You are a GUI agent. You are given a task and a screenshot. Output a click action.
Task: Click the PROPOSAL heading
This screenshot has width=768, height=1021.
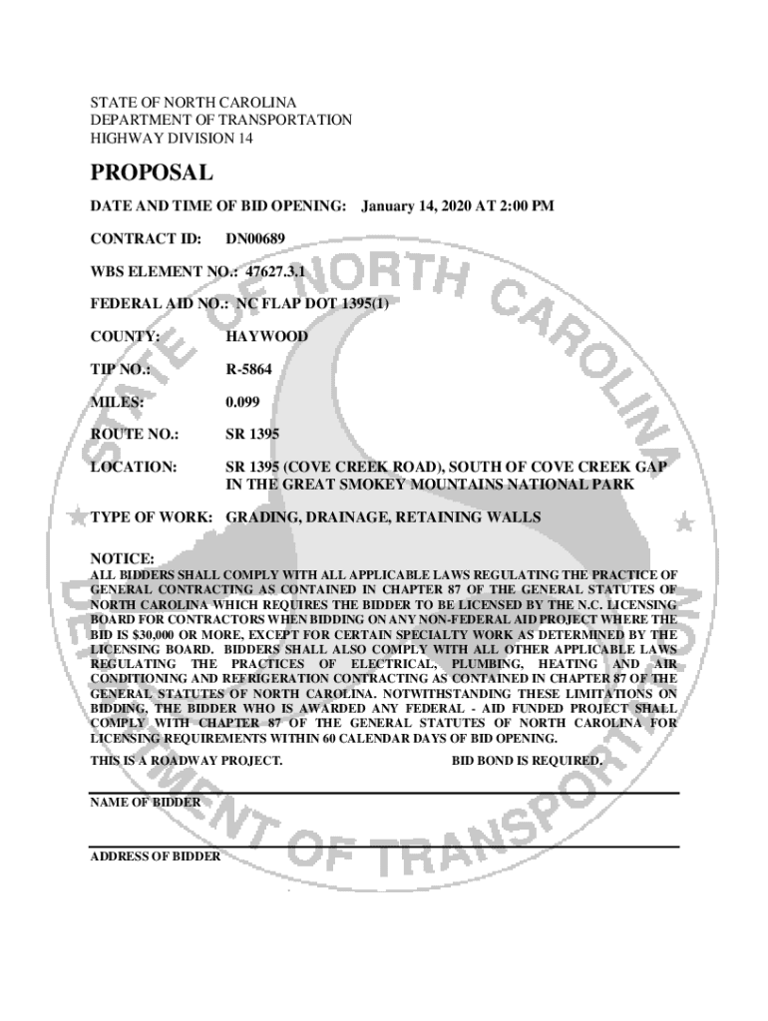152,173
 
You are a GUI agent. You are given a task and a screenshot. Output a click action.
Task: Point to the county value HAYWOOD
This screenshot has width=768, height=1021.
266,337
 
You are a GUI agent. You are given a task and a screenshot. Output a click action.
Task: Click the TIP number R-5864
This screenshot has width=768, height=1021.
249,370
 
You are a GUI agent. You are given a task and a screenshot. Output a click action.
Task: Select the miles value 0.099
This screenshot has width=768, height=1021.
242,403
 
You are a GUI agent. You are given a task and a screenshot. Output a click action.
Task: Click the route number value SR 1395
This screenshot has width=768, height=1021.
252,435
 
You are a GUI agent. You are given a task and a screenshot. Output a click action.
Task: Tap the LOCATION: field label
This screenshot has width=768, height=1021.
134,467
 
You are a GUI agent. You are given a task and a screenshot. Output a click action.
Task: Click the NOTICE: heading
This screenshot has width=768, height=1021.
122,559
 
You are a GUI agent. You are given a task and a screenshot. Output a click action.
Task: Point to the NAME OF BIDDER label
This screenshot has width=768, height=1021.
145,802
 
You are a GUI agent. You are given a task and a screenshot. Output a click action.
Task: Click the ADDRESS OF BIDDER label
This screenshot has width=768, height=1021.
155,855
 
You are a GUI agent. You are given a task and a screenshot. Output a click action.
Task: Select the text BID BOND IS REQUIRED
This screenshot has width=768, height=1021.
528,761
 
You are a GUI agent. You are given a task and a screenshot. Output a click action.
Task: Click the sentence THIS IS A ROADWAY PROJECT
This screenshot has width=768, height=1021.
187,761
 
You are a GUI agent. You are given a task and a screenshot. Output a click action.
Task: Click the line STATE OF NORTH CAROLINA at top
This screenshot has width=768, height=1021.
193,103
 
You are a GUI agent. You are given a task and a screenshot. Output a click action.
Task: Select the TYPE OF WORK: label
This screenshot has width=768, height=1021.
152,517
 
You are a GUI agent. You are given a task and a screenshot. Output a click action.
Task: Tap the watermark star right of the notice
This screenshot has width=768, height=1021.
683,521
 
